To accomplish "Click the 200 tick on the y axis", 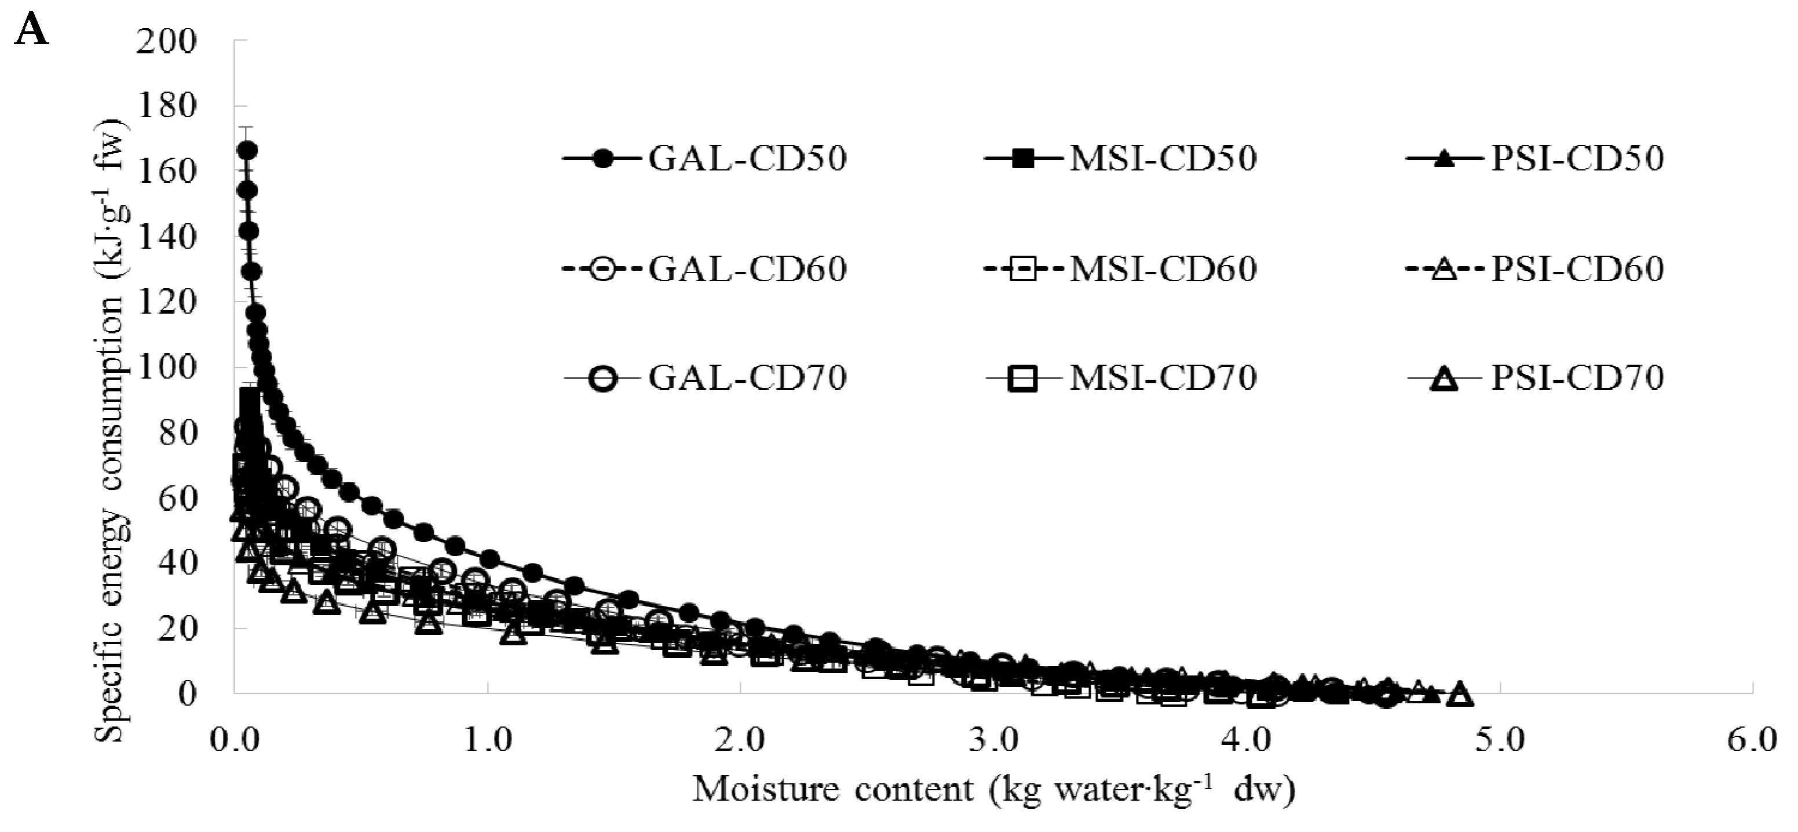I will pyautogui.click(x=167, y=42).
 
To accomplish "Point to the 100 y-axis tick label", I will pyautogui.click(x=167, y=368).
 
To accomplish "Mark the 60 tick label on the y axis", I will pyautogui.click(x=177, y=498).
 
